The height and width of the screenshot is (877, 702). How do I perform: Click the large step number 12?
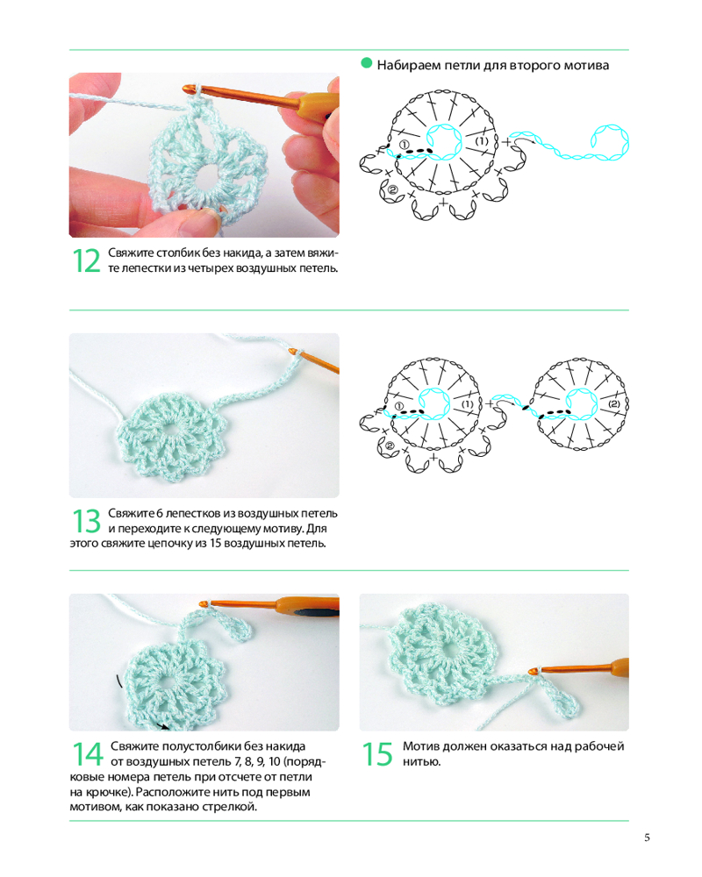pyautogui.click(x=87, y=261)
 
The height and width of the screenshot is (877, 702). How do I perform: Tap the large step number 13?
pyautogui.click(x=87, y=521)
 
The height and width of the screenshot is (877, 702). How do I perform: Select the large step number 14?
pyautogui.click(x=88, y=754)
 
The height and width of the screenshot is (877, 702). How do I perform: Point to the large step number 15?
pyautogui.click(x=377, y=754)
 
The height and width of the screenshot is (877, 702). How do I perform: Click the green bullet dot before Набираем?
pyautogui.click(x=367, y=63)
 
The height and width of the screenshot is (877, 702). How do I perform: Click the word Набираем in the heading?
pyautogui.click(x=409, y=66)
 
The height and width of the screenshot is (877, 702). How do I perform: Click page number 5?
pyautogui.click(x=647, y=838)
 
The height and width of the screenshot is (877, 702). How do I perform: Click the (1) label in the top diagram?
pyautogui.click(x=482, y=141)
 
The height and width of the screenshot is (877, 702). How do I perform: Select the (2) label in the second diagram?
pyautogui.click(x=614, y=403)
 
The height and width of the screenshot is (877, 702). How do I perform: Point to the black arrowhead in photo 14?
pyautogui.click(x=164, y=726)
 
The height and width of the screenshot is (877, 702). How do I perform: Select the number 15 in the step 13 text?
pyautogui.click(x=216, y=543)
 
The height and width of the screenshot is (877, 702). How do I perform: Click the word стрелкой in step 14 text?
pyautogui.click(x=231, y=807)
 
